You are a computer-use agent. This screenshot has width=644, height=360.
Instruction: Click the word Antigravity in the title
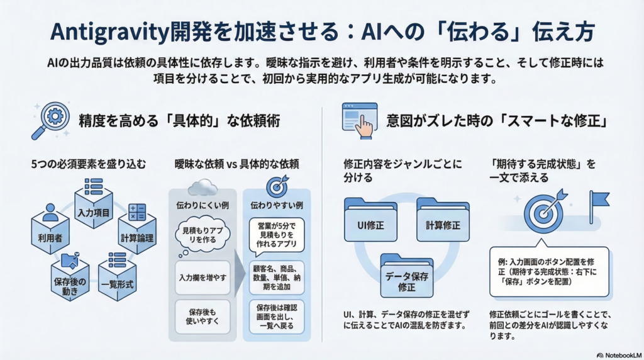coord(108,32)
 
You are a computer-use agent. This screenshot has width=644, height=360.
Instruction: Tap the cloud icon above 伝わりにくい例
coord(203,186)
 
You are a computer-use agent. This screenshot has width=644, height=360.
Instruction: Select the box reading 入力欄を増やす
coord(203,277)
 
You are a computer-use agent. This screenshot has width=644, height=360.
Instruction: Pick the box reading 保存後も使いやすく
coord(203,317)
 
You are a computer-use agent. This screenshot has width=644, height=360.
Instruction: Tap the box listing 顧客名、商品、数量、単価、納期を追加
coord(277,277)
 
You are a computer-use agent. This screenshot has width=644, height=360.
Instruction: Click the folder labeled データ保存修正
coord(406,277)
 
